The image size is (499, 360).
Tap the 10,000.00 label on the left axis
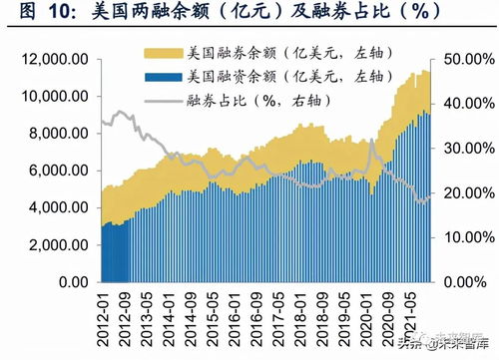(x=49, y=97)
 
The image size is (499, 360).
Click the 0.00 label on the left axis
(x=67, y=283)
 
